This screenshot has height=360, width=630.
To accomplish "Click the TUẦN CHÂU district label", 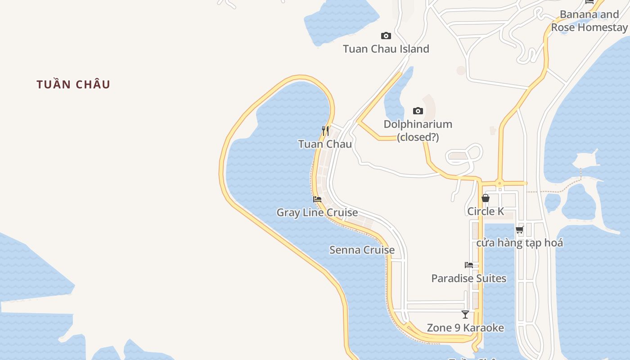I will click(73, 84).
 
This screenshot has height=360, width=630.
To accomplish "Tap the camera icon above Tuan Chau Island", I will click(386, 36).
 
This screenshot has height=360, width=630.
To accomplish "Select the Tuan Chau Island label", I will click(386, 49).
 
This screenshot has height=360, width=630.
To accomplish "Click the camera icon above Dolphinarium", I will click(418, 111).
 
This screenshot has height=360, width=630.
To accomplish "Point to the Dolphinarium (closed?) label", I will click(418, 130).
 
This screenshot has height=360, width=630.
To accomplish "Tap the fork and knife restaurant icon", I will click(325, 131).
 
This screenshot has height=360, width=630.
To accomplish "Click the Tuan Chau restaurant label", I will click(325, 144).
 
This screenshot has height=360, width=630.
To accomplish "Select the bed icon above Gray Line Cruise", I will click(317, 199).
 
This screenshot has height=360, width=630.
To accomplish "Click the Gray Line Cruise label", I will click(317, 212).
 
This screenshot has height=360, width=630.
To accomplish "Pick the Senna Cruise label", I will click(362, 250).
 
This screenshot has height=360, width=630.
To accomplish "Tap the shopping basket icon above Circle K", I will click(485, 198).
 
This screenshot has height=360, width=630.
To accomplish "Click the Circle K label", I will click(486, 211).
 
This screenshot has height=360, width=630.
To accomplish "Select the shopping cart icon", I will click(519, 229).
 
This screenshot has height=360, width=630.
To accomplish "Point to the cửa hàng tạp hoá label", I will click(519, 243).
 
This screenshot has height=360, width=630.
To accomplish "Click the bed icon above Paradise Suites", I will click(468, 265).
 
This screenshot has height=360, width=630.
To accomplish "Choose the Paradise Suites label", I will click(468, 278).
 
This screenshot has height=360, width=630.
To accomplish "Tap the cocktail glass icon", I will click(465, 315).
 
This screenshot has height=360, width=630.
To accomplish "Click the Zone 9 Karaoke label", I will click(465, 328).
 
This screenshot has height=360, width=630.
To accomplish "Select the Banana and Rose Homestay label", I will click(589, 21).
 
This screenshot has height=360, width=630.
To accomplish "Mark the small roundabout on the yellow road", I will click(499, 183).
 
